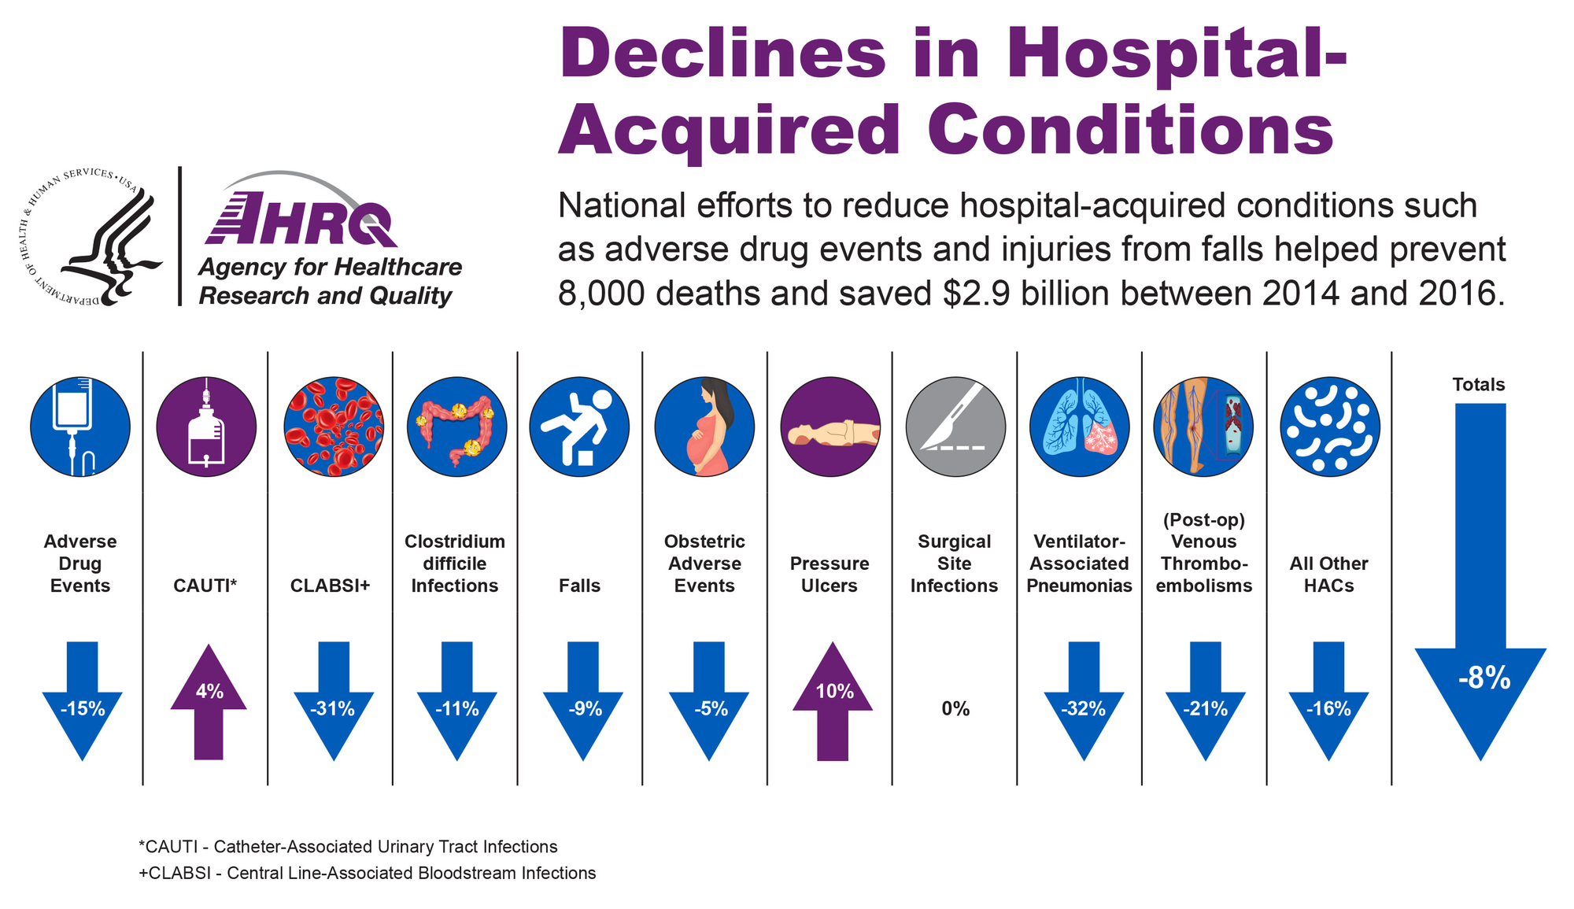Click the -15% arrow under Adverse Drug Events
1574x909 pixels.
[83, 700]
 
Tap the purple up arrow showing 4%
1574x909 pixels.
[209, 701]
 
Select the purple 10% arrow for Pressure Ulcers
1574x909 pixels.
[833, 701]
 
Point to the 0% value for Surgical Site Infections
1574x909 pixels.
[955, 709]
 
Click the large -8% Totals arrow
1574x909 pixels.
[1480, 582]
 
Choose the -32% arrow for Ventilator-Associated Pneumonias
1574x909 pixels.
[1084, 700]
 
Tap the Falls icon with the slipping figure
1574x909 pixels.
[579, 427]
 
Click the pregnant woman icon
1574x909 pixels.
[704, 427]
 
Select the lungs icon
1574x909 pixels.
[1080, 427]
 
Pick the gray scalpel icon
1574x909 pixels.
[955, 427]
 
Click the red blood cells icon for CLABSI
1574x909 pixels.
[334, 427]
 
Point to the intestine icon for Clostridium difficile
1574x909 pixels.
[457, 427]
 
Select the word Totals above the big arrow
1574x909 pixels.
[1479, 385]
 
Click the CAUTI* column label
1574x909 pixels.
[205, 586]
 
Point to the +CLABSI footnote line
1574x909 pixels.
[367, 873]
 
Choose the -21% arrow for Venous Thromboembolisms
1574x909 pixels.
[1206, 700]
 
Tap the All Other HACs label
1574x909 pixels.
[1329, 575]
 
